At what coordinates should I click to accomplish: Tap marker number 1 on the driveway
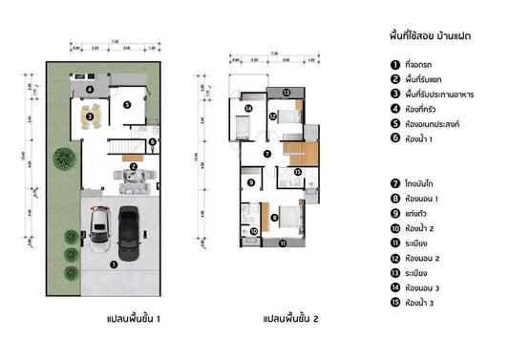tap(114, 265)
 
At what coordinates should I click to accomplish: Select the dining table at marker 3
tap(90, 117)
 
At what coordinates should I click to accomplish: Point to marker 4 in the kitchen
tap(89, 90)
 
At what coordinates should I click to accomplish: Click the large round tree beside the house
tap(62, 158)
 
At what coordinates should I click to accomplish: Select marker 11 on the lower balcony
tap(283, 244)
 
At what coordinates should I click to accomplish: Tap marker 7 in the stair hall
tap(267, 153)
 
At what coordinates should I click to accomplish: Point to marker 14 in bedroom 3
tap(247, 109)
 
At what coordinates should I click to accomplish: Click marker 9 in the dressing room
tap(250, 182)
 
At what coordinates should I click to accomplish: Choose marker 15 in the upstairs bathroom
tap(298, 172)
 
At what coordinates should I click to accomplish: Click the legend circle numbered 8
tap(394, 199)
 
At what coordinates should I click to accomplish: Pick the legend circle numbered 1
tap(394, 64)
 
